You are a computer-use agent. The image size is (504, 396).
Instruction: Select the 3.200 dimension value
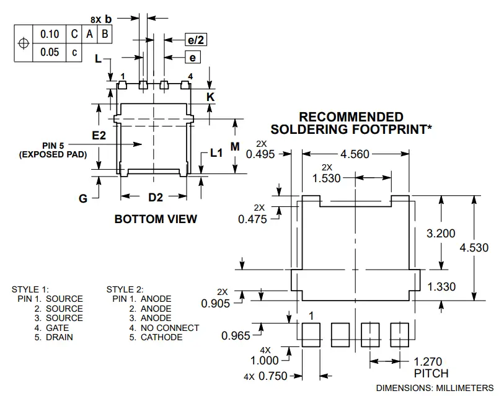pos(441,233)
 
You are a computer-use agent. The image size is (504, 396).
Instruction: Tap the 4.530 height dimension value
pos(474,247)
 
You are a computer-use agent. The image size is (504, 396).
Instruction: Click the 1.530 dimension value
pos(327,178)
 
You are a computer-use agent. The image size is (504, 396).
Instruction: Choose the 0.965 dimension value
pos(236,335)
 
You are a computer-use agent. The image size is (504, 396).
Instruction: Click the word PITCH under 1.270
pos(431,373)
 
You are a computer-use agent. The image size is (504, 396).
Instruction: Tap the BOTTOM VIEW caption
pos(156,219)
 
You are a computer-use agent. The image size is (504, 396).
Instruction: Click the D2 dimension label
pos(155,198)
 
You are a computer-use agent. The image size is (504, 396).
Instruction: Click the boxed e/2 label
pos(196,40)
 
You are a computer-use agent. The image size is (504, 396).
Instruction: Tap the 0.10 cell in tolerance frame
pos(50,34)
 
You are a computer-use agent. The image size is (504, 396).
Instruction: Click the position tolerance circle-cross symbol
pos(24,43)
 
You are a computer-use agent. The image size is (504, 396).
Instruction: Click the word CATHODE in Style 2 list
pos(161,337)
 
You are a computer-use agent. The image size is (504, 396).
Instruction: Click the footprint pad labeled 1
pos(311,335)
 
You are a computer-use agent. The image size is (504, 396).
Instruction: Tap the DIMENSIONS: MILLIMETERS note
pos(435,387)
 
